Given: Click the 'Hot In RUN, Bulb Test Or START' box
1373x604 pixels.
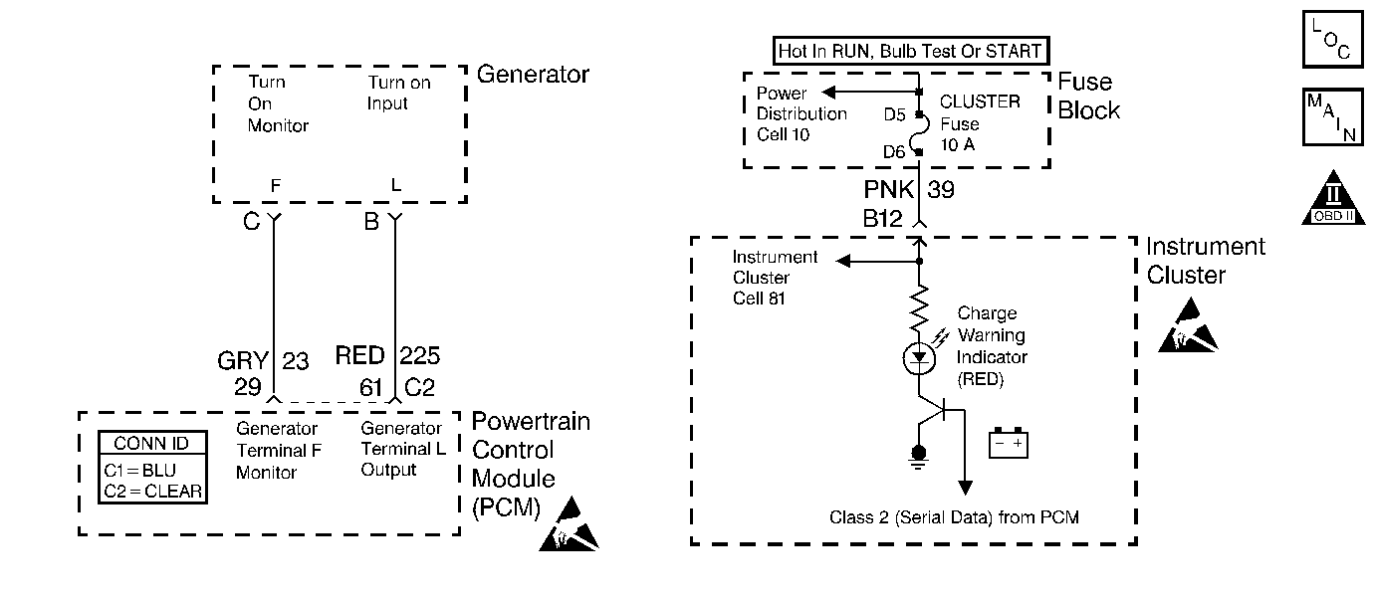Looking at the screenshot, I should [x=911, y=51].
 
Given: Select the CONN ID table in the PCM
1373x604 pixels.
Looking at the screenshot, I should [x=152, y=468].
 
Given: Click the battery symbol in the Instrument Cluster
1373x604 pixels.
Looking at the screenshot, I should [x=1009, y=443].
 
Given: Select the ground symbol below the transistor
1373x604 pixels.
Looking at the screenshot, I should [x=918, y=455].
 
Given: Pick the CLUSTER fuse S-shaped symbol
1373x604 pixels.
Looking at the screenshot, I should [x=921, y=132].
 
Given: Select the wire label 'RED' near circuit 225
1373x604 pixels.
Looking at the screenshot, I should [x=360, y=357].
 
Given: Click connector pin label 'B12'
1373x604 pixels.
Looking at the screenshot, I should [x=883, y=218].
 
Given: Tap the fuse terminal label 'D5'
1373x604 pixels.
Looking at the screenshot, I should [x=894, y=114].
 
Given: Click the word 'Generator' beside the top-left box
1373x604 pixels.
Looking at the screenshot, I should [x=533, y=75].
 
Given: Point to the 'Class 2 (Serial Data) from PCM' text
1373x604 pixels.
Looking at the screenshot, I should [x=954, y=517].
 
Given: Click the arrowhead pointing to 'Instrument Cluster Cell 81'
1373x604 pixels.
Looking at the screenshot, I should [x=844, y=262].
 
